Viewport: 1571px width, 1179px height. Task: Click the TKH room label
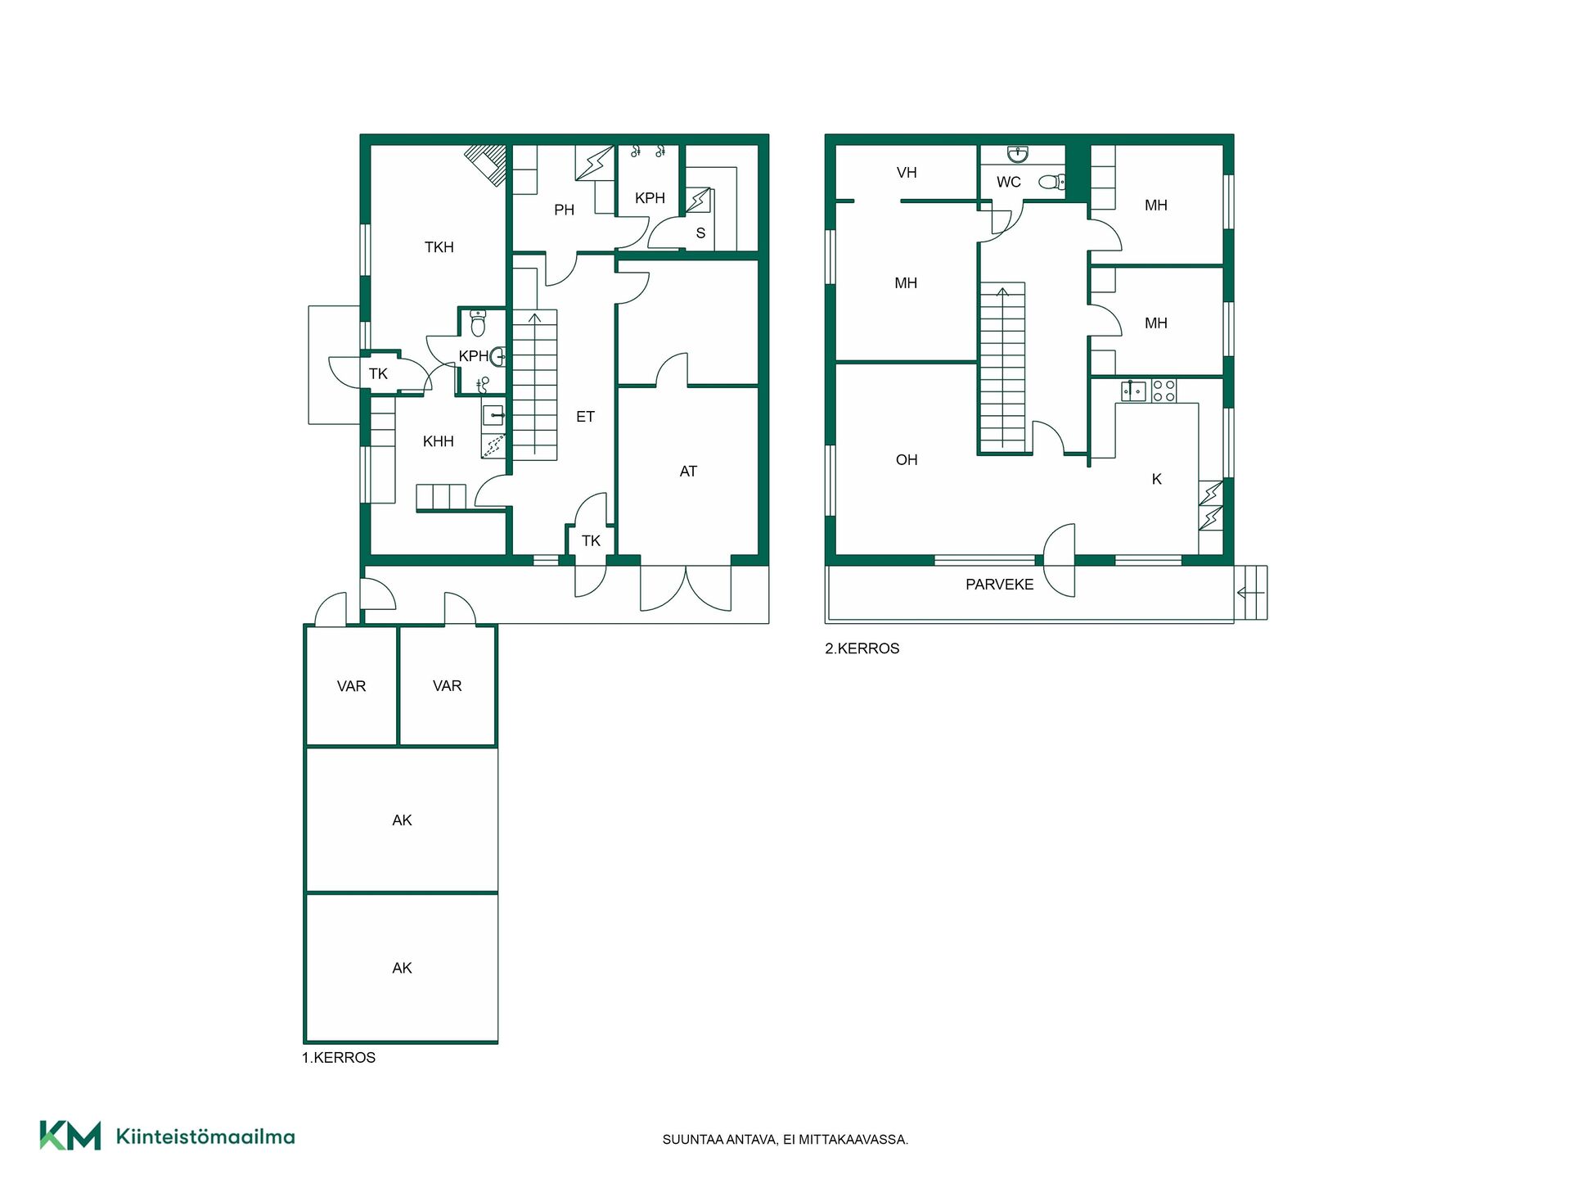[439, 247]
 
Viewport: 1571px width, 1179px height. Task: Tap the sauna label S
[700, 233]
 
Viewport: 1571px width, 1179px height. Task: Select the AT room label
[688, 472]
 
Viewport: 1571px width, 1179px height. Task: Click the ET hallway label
[585, 417]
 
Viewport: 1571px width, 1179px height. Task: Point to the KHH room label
[438, 441]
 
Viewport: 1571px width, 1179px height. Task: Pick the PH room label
[564, 210]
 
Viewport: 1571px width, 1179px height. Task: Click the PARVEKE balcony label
[999, 585]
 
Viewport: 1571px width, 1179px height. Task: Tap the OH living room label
[907, 460]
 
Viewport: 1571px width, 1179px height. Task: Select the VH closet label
[907, 173]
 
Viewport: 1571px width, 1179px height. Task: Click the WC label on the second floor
[1009, 183]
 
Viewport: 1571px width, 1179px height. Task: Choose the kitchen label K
[1157, 480]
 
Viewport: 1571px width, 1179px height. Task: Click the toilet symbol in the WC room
[1052, 182]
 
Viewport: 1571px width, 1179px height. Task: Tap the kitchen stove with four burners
[1164, 391]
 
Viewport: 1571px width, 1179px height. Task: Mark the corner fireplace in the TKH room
[487, 165]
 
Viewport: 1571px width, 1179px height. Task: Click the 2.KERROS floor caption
[862, 648]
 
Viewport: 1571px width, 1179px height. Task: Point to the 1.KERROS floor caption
[339, 1058]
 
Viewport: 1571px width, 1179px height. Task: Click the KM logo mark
[70, 1136]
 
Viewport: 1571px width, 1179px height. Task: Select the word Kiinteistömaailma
[205, 1136]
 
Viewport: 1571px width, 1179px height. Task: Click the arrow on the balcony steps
[1251, 593]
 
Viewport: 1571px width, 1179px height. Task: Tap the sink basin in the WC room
[1018, 154]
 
